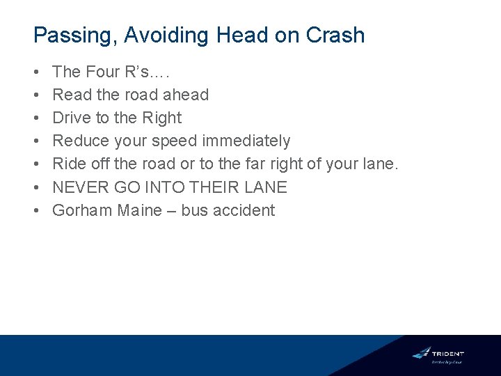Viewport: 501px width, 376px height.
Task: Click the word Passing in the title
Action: pos(74,36)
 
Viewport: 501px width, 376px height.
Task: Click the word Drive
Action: pos(71,118)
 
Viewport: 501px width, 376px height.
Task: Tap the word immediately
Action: pos(246,141)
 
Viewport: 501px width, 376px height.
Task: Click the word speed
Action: pos(177,141)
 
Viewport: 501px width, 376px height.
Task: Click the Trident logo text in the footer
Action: pos(447,354)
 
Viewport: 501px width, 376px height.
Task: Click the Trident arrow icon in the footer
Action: pos(422,353)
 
